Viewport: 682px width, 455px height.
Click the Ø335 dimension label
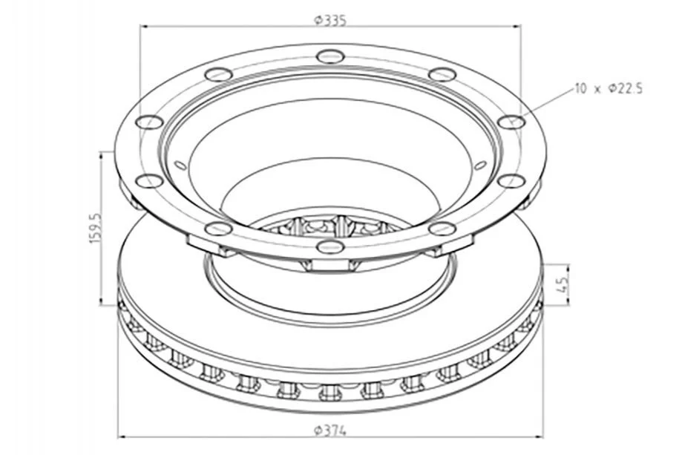pos(330,20)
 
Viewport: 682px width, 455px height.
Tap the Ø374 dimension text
pos(330,431)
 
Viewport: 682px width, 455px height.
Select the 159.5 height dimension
pos(95,228)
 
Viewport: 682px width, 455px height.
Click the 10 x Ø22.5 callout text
pos(609,89)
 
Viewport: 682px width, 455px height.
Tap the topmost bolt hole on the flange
pos(330,56)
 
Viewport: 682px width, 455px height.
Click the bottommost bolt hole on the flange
pos(330,247)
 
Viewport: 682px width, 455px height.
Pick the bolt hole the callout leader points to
pos(511,122)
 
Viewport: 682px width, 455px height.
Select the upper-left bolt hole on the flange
pos(218,74)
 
